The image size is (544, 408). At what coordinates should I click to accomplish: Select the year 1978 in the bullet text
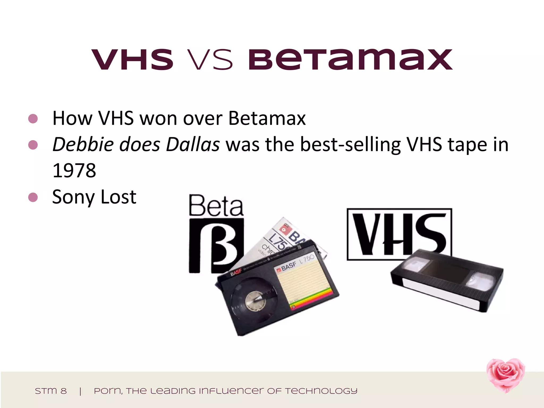tap(74, 170)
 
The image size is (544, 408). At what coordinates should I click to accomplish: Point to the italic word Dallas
tap(193, 144)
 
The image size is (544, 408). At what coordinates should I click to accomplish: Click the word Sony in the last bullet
tap(73, 197)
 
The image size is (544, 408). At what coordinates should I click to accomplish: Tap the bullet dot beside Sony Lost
tap(33, 197)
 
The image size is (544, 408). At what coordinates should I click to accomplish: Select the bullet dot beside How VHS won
tap(33, 118)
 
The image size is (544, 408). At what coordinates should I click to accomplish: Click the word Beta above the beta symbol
tap(216, 206)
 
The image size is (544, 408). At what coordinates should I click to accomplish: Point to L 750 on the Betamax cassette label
tap(307, 259)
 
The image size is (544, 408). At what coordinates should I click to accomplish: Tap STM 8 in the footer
tap(51, 391)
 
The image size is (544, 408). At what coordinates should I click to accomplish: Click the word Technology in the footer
tap(321, 391)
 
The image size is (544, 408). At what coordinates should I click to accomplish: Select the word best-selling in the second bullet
tap(350, 144)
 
